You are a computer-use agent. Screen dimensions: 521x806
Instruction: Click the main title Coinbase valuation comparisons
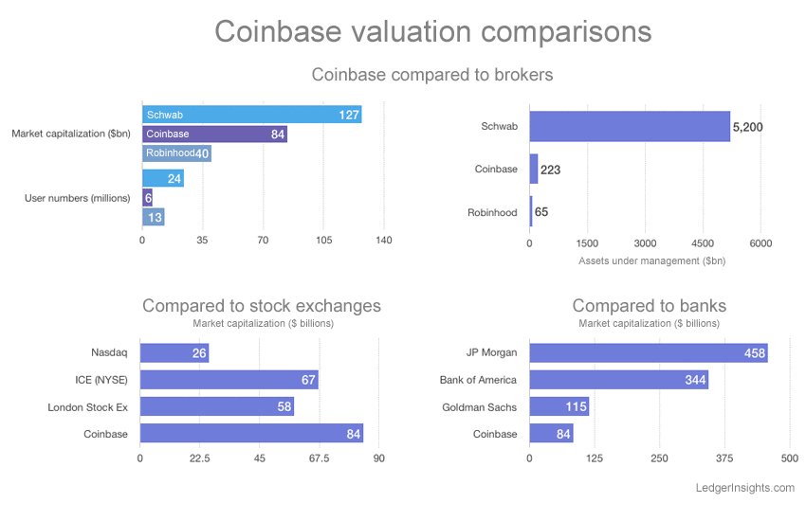[x=432, y=30]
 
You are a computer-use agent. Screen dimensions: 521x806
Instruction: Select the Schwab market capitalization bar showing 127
[x=251, y=115]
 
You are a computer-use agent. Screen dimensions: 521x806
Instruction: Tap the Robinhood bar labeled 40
[x=176, y=153]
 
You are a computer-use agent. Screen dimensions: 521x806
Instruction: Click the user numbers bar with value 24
[x=162, y=178]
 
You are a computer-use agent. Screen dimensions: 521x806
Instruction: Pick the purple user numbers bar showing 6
[x=147, y=197]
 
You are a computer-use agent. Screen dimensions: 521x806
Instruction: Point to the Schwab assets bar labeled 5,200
[x=629, y=126]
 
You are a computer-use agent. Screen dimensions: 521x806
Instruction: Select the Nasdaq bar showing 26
[x=174, y=353]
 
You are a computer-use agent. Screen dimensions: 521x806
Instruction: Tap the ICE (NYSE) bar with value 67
[x=229, y=380]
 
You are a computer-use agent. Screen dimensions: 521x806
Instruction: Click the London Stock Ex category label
[x=87, y=407]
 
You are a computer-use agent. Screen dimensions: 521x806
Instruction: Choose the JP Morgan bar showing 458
[x=648, y=353]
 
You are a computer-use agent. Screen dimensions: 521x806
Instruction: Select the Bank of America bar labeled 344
[x=618, y=380]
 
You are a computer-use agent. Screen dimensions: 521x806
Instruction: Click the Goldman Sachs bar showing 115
[x=559, y=407]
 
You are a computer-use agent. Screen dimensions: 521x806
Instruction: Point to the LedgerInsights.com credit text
[x=743, y=488]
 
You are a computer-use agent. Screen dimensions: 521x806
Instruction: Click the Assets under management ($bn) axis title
[x=651, y=260]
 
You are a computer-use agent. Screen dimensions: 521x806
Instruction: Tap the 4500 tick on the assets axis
[x=703, y=243]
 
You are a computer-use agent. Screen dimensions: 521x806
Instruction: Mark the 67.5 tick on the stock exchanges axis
[x=319, y=458]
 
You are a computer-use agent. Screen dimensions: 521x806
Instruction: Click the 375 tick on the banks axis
[x=724, y=458]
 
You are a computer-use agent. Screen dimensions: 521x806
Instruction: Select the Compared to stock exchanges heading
[x=262, y=306]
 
